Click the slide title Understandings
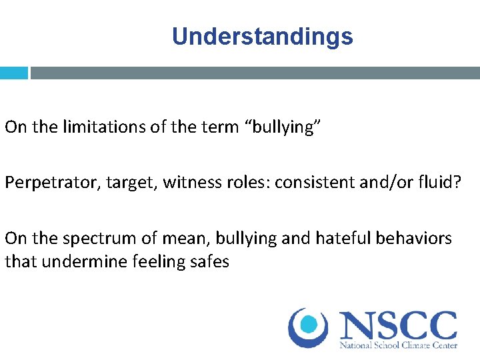tap(262, 36)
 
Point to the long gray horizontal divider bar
tap(255, 73)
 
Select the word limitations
tap(100, 127)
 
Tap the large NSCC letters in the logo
tap(398, 325)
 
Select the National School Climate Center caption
tap(398, 346)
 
